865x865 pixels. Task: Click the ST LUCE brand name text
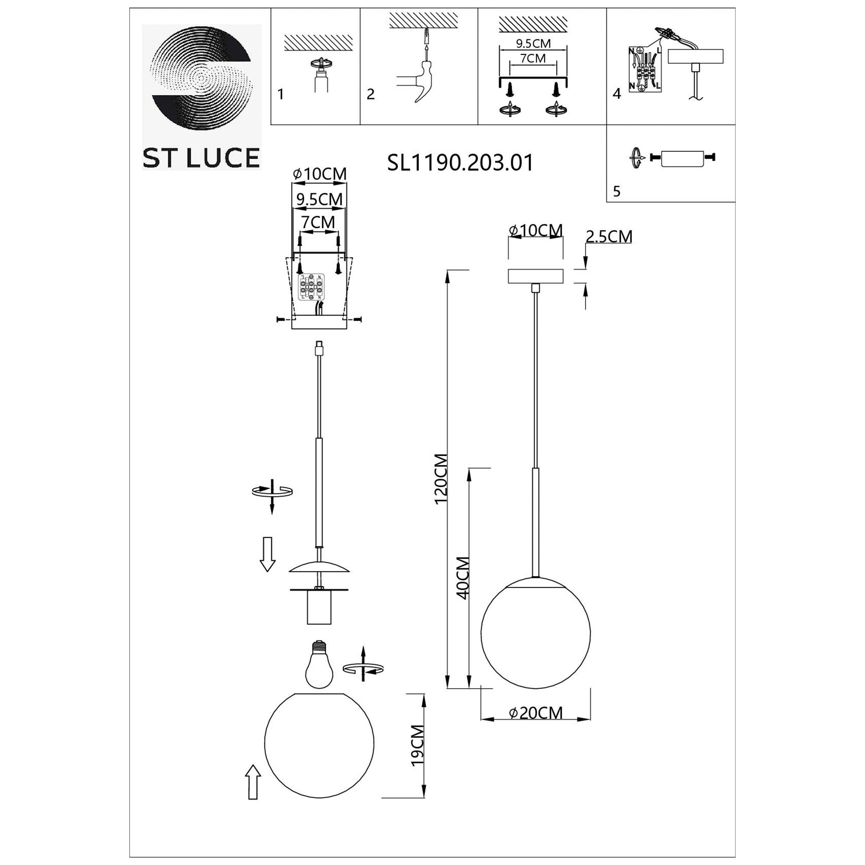point(201,157)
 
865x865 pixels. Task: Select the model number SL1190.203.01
point(460,163)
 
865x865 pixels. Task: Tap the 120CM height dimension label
point(442,479)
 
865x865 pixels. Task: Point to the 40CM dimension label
point(462,578)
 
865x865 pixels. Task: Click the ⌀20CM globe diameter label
point(536,713)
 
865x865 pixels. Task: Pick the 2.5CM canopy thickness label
point(609,237)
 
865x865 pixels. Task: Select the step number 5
point(617,191)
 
